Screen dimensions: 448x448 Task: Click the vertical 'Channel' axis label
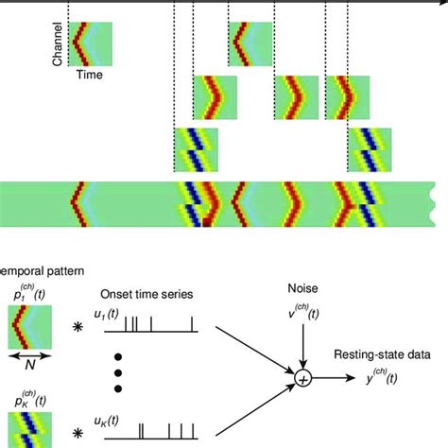(x=58, y=44)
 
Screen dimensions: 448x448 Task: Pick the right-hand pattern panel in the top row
(x=250, y=44)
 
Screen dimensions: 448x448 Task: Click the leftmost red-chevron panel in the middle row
(x=215, y=98)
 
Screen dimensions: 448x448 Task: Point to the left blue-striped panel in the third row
(x=196, y=149)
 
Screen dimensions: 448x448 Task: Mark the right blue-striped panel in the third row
(x=370, y=149)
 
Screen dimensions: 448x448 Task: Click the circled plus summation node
(x=303, y=379)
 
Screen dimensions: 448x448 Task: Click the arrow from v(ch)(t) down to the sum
(x=303, y=342)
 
